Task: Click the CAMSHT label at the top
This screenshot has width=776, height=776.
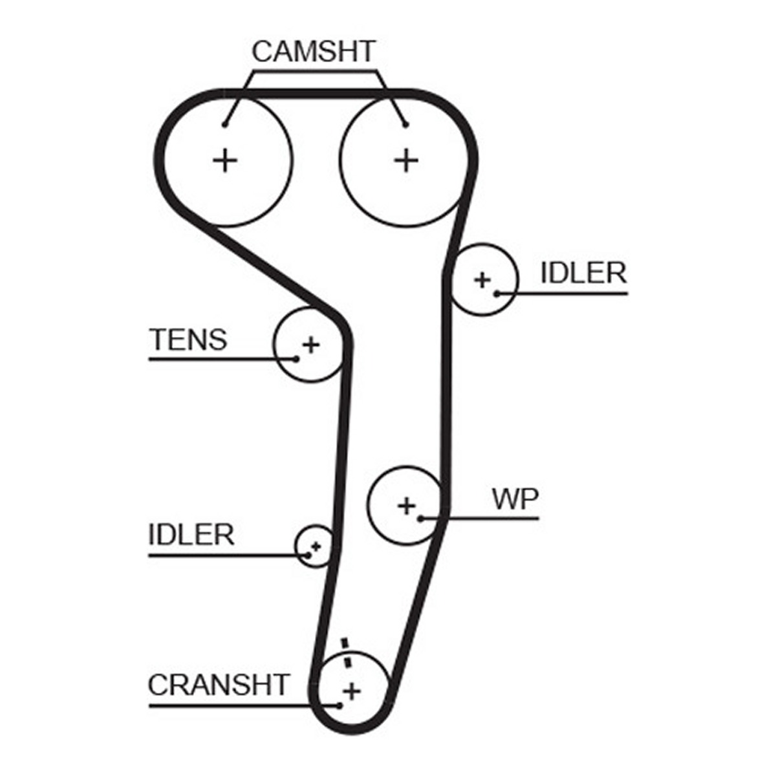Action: (x=313, y=52)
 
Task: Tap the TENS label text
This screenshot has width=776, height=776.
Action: (x=188, y=339)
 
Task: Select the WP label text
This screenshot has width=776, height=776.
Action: (x=515, y=499)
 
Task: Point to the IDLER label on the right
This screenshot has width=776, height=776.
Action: (x=583, y=273)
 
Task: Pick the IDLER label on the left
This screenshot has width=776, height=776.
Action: (x=191, y=534)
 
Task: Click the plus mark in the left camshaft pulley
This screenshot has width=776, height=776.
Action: (x=225, y=160)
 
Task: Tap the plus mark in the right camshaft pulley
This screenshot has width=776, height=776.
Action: (x=406, y=160)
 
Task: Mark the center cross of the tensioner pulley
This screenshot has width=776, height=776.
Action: (x=311, y=345)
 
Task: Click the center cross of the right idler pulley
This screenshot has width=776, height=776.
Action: (x=482, y=280)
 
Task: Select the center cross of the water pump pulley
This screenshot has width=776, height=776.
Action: (x=406, y=505)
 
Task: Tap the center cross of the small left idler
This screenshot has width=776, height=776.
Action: (x=316, y=546)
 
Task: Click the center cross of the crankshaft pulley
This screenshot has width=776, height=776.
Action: (x=352, y=658)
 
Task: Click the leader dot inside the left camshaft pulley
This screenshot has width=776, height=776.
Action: (x=225, y=125)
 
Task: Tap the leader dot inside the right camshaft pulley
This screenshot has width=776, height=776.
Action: (x=406, y=125)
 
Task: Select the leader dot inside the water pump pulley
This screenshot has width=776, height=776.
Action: (x=420, y=518)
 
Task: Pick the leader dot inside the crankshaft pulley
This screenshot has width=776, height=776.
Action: (x=339, y=672)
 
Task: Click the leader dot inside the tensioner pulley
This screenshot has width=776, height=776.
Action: (x=296, y=358)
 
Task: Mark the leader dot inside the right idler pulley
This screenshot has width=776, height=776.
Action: (x=497, y=294)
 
